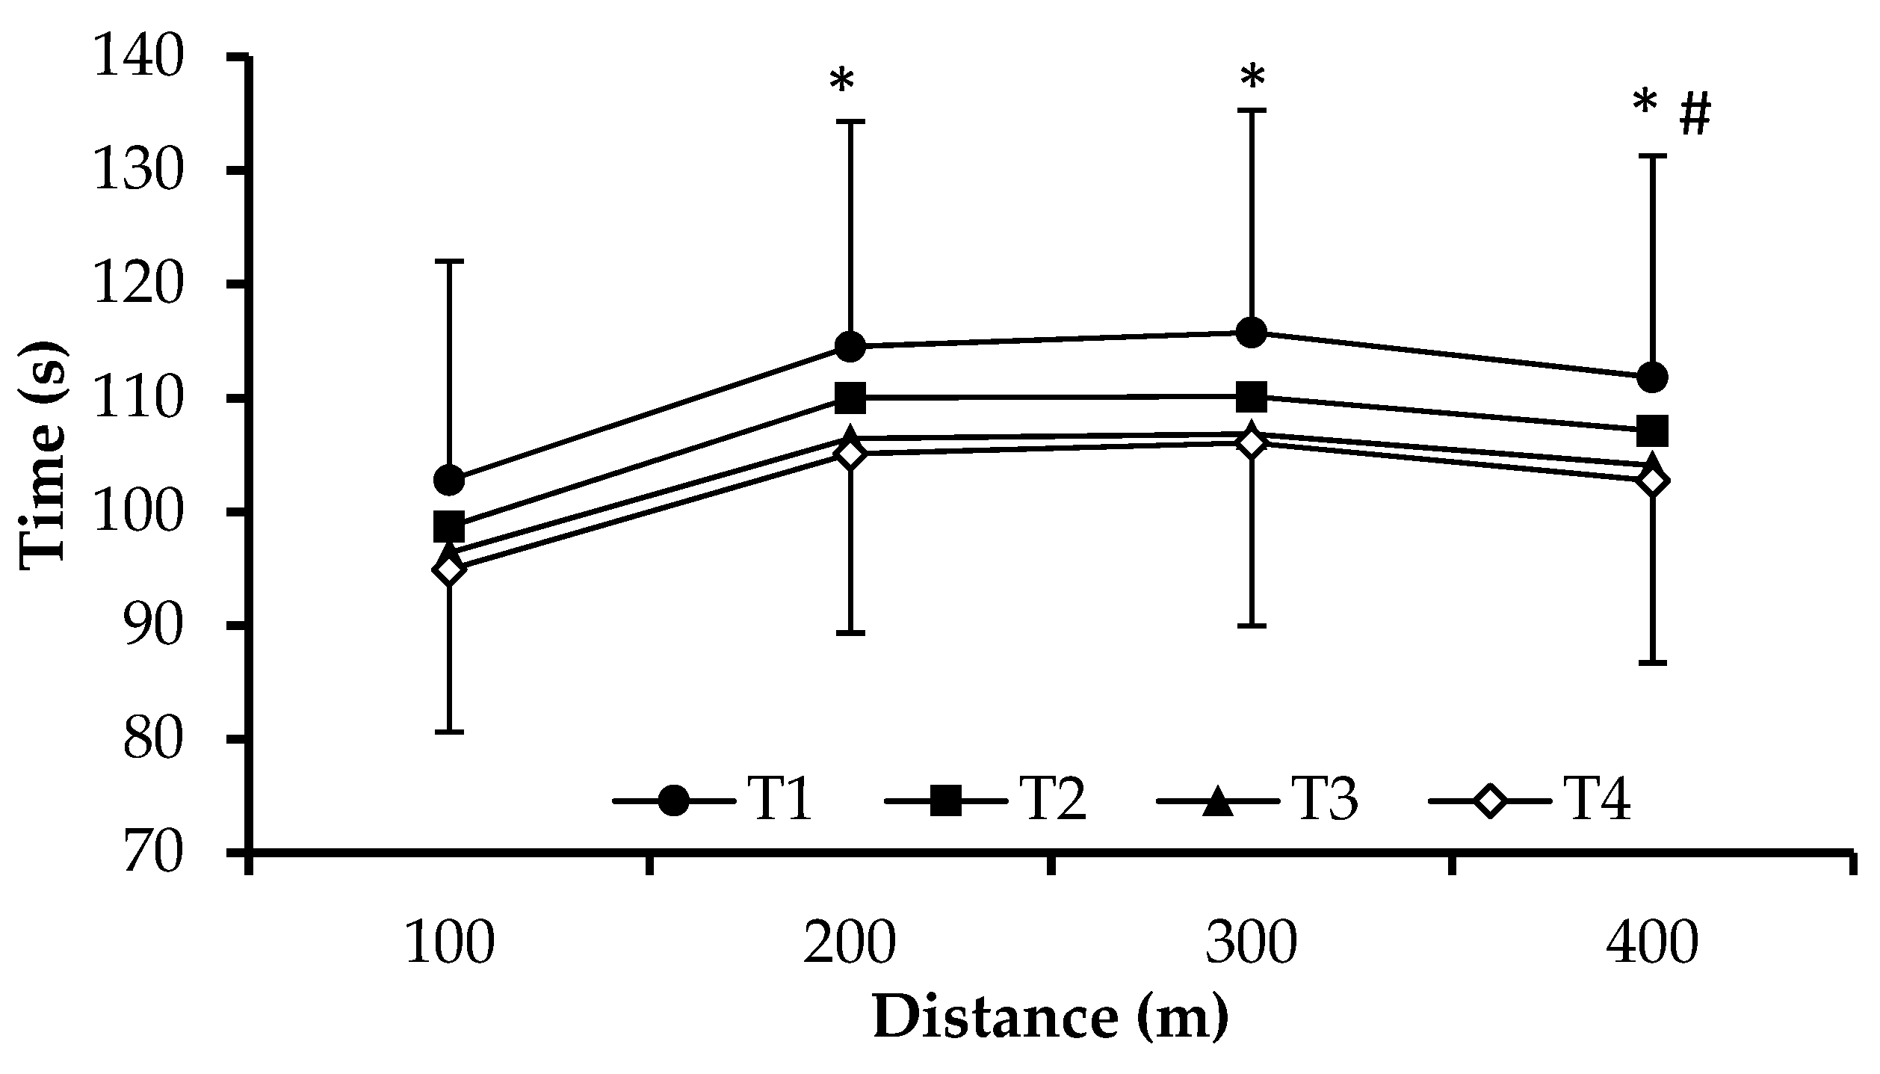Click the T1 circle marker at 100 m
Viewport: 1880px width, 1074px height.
click(x=449, y=480)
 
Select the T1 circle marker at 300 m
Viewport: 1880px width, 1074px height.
click(x=1252, y=332)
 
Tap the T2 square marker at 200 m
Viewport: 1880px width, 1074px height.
click(x=850, y=398)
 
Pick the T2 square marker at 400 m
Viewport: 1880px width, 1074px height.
click(x=1652, y=430)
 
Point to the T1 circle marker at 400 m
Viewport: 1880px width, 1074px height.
click(x=1652, y=377)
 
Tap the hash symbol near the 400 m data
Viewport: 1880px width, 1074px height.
click(x=1695, y=117)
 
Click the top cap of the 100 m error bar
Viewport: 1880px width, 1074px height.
click(x=449, y=262)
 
